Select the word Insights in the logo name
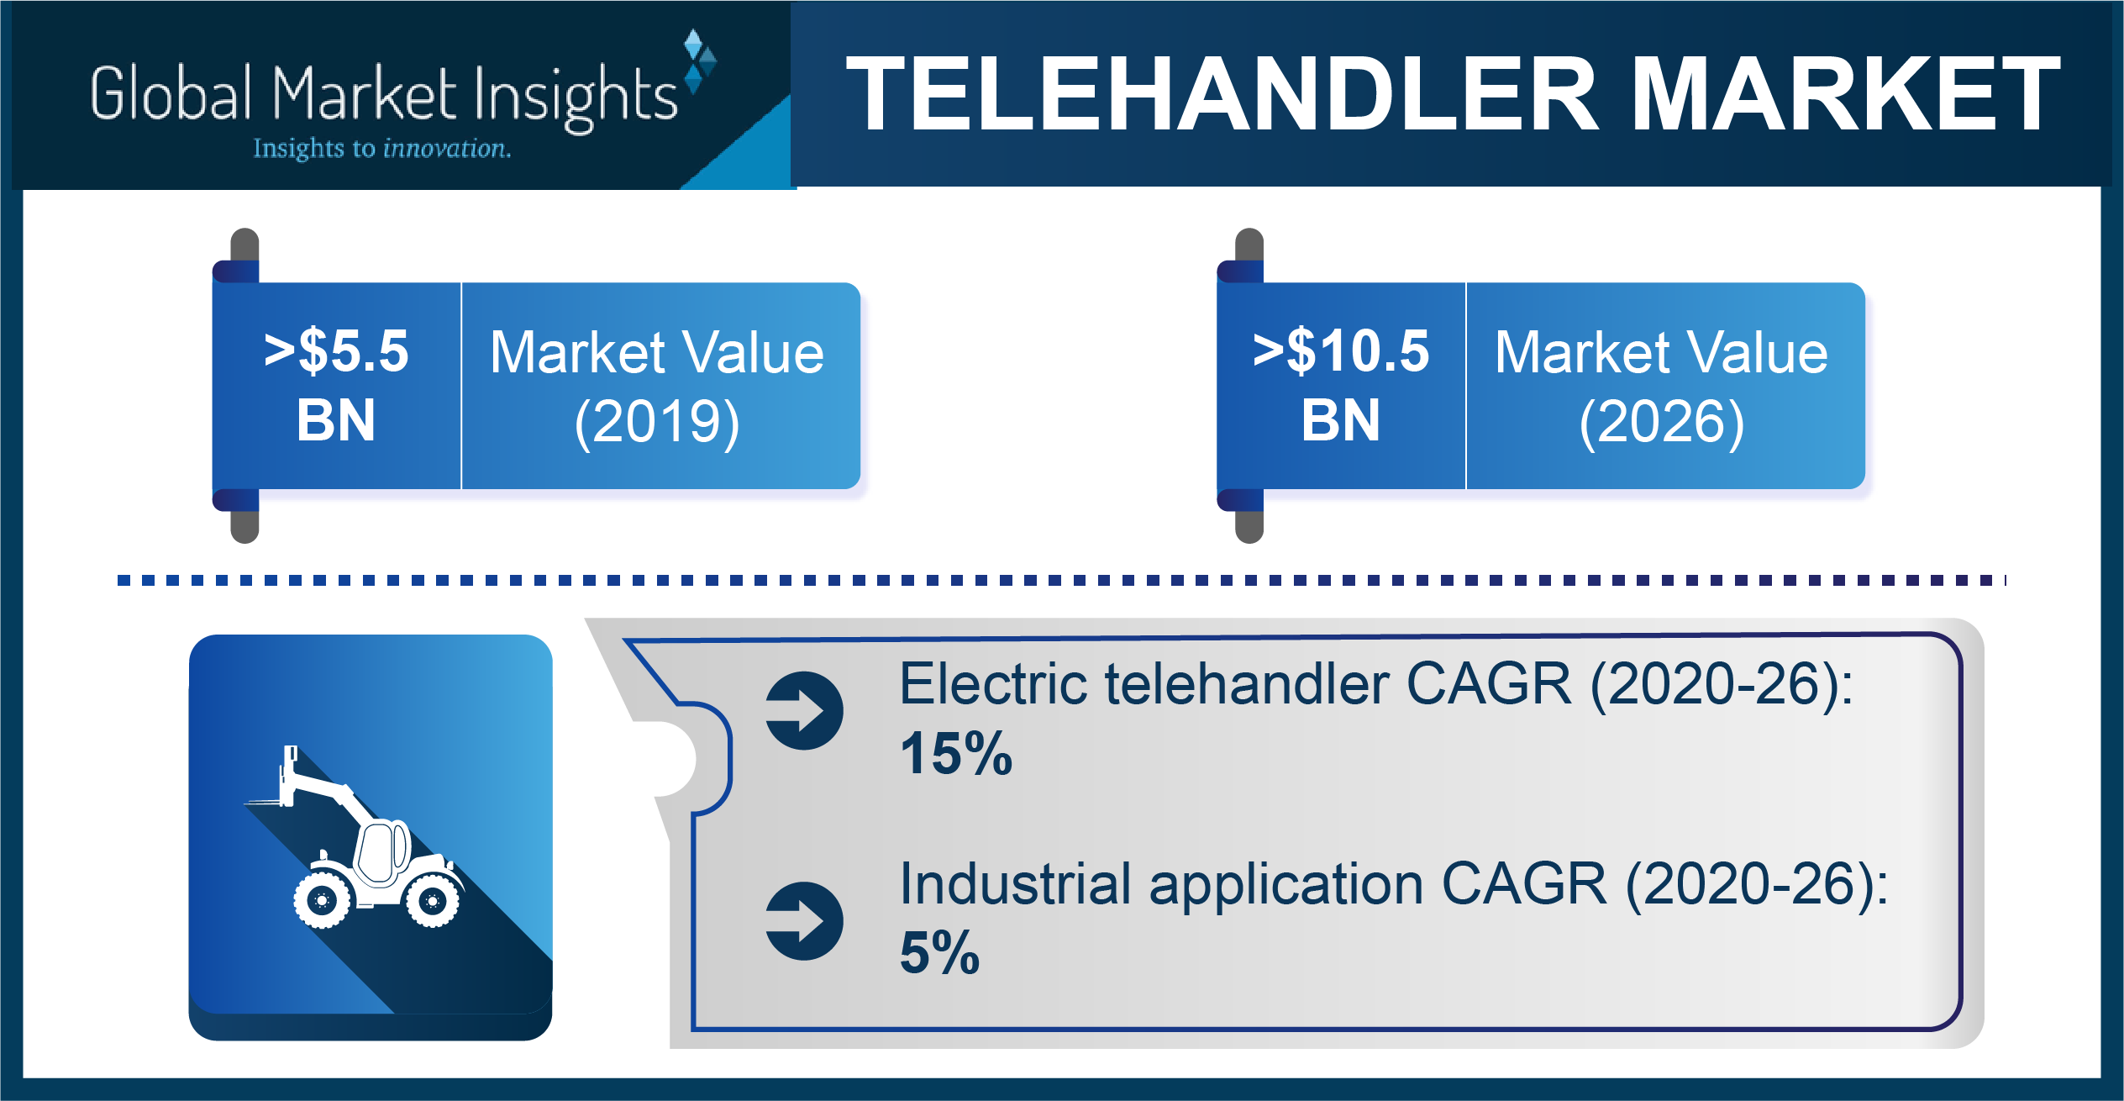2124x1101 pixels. point(576,97)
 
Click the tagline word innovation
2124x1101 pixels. point(446,149)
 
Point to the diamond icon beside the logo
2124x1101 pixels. point(699,61)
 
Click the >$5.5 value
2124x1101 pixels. point(336,350)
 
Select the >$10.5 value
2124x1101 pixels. point(1341,350)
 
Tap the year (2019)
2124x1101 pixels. point(657,422)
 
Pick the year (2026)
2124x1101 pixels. point(1662,422)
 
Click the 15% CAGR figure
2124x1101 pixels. point(956,753)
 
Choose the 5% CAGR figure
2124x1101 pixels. point(939,953)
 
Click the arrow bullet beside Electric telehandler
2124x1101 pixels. point(804,710)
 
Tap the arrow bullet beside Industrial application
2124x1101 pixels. point(804,920)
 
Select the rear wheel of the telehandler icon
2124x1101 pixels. point(433,901)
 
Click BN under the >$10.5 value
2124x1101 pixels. point(1341,420)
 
